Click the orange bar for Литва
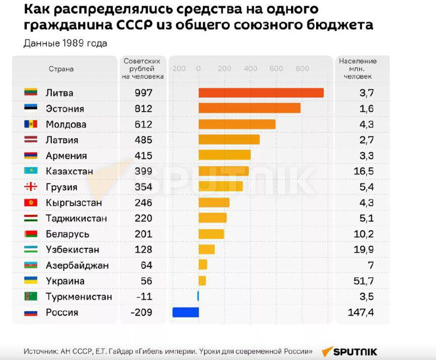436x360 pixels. point(261,93)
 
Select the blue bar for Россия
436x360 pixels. point(185,313)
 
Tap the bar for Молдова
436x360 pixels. point(237,124)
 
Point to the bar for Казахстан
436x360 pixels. point(223,171)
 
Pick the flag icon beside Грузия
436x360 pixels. point(31,187)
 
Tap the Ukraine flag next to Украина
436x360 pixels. point(31,281)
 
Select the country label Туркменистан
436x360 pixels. point(79,297)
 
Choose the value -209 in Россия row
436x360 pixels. point(142,313)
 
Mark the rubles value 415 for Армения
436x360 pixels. point(143,156)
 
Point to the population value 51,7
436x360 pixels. point(363,281)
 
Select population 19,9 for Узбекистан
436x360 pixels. point(363,250)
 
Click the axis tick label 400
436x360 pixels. point(250,69)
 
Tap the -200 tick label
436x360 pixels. point(178,69)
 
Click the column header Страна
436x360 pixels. point(61,69)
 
